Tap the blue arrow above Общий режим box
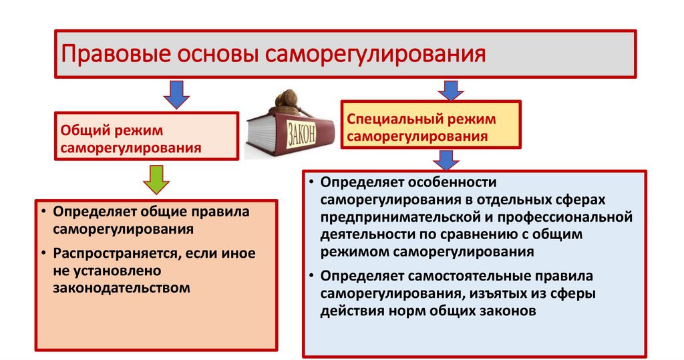174,95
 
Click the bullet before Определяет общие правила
41,212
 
